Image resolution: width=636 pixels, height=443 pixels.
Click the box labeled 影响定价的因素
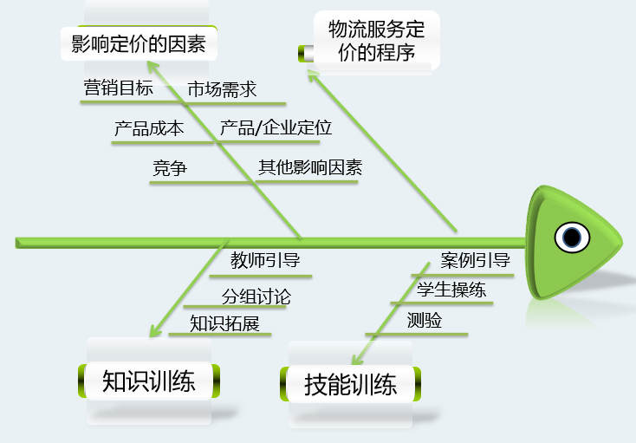point(139,43)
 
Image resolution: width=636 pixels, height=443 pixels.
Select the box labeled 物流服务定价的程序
point(377,40)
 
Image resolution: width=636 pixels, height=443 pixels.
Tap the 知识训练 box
point(148,381)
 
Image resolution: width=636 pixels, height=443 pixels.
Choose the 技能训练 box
point(351,384)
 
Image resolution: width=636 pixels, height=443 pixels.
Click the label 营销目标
point(119,88)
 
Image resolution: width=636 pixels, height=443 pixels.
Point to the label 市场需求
point(222,88)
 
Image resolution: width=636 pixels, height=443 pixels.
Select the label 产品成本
point(148,128)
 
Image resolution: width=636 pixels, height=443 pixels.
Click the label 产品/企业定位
point(276,128)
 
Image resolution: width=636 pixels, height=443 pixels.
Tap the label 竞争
point(169,169)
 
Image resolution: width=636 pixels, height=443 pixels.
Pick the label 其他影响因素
point(310,168)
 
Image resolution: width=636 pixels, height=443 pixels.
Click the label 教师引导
point(265,260)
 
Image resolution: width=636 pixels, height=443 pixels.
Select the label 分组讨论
point(256,296)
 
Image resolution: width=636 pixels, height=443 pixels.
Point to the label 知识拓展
point(225,323)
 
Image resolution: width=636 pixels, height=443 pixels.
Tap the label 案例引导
point(475,260)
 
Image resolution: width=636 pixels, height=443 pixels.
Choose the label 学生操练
point(451,290)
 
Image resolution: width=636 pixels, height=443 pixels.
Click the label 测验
point(425,321)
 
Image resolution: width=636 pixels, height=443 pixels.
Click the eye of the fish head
point(571,237)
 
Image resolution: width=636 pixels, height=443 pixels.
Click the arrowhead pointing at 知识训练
point(154,331)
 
